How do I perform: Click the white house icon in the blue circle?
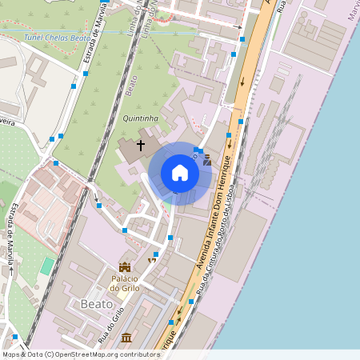pos(180,173)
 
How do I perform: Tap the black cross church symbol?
pos(141,146)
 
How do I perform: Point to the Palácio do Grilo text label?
pos(125,283)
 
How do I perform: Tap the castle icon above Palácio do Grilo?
pos(124,266)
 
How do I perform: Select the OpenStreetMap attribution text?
pos(80,354)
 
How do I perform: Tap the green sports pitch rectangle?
pos(48,265)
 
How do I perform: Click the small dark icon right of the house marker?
pos(207,161)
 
